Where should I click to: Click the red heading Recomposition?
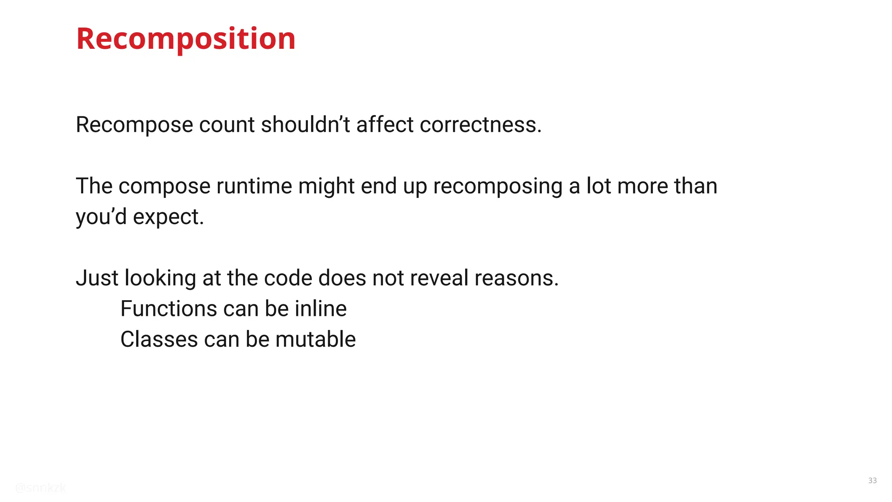(186, 39)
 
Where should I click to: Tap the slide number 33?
(872, 480)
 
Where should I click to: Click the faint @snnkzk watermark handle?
(41, 488)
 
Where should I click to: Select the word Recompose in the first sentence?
(134, 125)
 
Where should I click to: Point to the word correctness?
(480, 125)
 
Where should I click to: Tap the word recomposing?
(498, 187)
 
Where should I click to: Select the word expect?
(168, 217)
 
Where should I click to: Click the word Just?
(97, 278)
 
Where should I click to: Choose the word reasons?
(516, 278)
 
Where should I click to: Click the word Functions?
(169, 309)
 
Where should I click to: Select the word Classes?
(159, 339)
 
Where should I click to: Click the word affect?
(385, 125)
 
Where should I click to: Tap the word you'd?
(101, 217)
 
